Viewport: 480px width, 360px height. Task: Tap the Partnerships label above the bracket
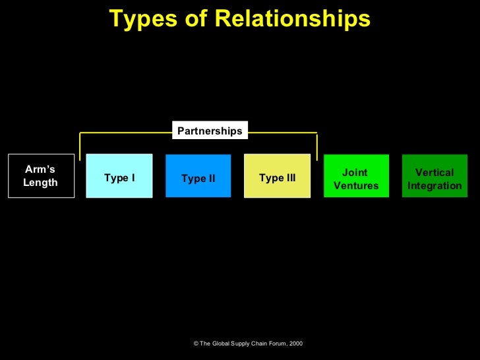[210, 131]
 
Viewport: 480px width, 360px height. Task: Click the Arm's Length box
[40, 176]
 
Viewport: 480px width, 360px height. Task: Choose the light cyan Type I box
[119, 176]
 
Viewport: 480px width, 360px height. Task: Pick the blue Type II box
[198, 176]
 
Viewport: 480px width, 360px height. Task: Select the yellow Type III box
[277, 176]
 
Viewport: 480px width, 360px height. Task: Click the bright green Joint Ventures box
[356, 176]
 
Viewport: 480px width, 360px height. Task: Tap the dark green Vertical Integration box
[435, 176]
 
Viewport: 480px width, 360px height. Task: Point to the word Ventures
[356, 186]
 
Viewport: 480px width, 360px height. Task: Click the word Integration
[435, 186]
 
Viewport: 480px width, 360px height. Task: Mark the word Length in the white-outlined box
[40, 183]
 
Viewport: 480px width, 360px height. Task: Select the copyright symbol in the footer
[196, 344]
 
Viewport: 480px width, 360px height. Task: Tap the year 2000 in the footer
[296, 344]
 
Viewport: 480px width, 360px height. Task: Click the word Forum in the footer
[273, 344]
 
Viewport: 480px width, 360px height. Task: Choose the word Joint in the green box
[355, 173]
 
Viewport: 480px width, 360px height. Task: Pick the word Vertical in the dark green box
[435, 173]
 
